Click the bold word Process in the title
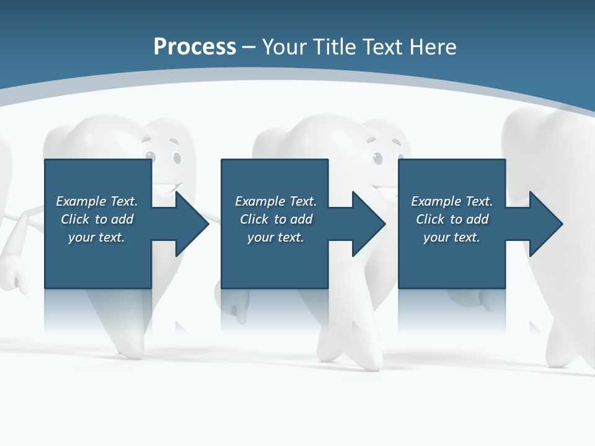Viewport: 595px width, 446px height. coord(195,47)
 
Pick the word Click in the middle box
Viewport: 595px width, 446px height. coord(254,219)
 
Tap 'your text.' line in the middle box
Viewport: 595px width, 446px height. coord(275,237)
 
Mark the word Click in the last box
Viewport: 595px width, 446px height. coord(430,219)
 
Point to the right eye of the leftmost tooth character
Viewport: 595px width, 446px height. coord(177,159)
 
